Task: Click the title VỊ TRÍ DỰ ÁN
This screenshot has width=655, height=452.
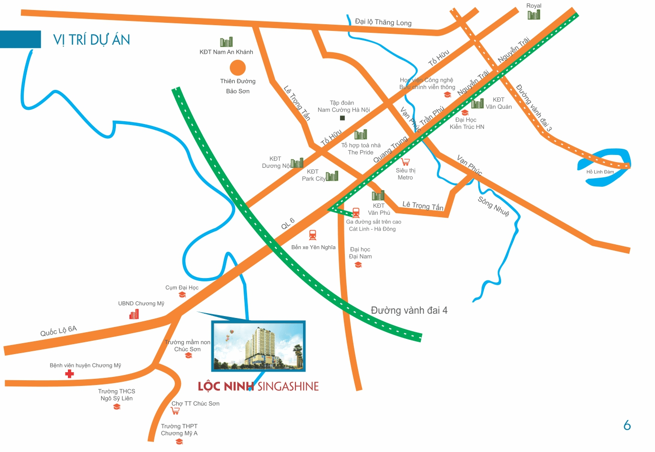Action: (91, 40)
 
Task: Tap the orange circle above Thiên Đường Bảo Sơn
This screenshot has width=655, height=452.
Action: (237, 67)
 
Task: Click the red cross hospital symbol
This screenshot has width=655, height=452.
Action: (69, 374)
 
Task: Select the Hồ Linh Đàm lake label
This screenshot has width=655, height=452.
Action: (600, 172)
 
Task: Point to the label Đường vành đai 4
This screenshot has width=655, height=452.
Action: (409, 310)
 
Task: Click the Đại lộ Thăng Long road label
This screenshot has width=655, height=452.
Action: (383, 22)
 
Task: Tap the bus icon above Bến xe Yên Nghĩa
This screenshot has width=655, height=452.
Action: (313, 235)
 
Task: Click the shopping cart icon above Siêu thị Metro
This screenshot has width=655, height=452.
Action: (405, 162)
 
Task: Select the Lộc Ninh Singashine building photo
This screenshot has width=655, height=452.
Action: (258, 346)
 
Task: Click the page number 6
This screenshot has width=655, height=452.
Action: (627, 425)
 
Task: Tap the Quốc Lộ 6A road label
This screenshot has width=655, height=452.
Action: (58, 331)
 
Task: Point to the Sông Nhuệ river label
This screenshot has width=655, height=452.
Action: (494, 206)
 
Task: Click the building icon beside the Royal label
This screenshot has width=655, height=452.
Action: (534, 15)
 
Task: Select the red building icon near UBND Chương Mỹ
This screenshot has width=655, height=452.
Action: (134, 314)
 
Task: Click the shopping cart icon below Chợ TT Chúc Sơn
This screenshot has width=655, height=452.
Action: (175, 411)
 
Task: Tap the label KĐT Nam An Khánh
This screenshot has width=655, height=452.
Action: (226, 52)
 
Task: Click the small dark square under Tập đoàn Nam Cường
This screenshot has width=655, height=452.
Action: (342, 118)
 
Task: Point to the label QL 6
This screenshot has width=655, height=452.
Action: (288, 223)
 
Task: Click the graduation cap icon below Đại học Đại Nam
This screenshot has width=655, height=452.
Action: (358, 265)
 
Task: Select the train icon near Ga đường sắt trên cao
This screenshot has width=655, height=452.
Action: (356, 213)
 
